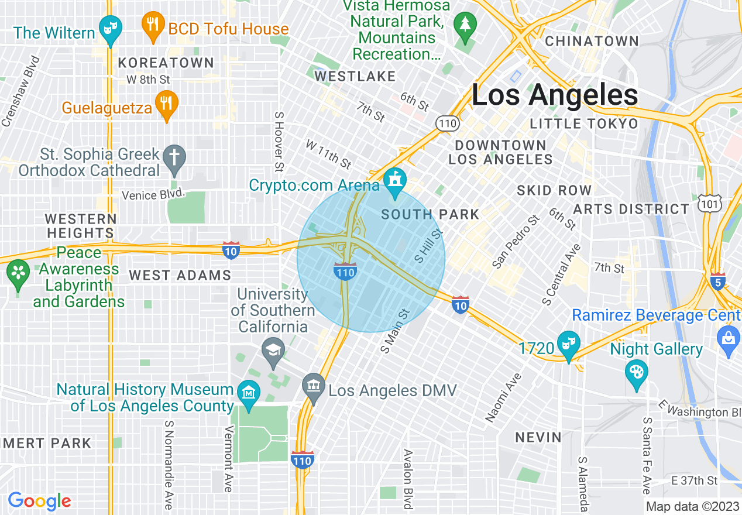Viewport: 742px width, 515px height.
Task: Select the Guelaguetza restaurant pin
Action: click(167, 104)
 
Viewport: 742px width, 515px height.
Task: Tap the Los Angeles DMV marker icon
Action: click(313, 386)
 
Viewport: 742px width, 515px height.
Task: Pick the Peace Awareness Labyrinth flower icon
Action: click(18, 272)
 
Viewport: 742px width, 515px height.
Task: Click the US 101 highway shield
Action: click(710, 204)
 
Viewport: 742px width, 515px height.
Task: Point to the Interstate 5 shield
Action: click(718, 281)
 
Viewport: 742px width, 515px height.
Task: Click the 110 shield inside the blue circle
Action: click(345, 271)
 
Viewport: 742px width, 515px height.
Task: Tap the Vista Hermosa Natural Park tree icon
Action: click(466, 25)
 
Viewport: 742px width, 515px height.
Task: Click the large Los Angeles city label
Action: click(554, 95)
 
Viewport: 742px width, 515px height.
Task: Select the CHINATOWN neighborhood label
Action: click(592, 42)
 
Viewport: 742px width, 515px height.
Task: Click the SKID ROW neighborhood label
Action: click(554, 191)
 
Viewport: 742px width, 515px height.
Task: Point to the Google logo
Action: click(39, 501)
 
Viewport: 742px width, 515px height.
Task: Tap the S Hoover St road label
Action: click(279, 142)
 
